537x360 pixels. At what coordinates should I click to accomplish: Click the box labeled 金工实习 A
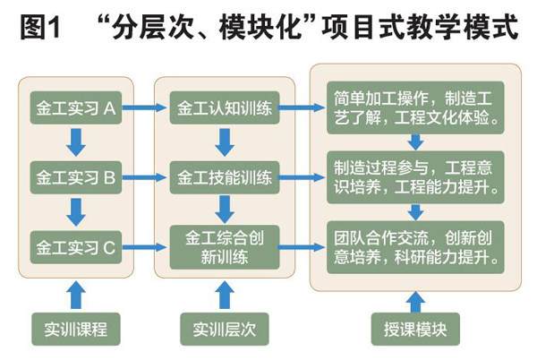pos(75,109)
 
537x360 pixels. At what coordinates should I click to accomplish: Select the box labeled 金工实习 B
pos(75,177)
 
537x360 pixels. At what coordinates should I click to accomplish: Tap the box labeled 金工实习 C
pos(75,244)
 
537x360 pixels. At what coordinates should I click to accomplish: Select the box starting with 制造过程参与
pos(415,177)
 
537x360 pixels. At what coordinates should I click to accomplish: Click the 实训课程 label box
pos(75,328)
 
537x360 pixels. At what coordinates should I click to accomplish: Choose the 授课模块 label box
pos(414,328)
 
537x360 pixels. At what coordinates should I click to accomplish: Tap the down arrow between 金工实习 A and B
pos(75,141)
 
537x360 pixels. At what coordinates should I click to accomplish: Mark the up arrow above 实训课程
pos(75,293)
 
